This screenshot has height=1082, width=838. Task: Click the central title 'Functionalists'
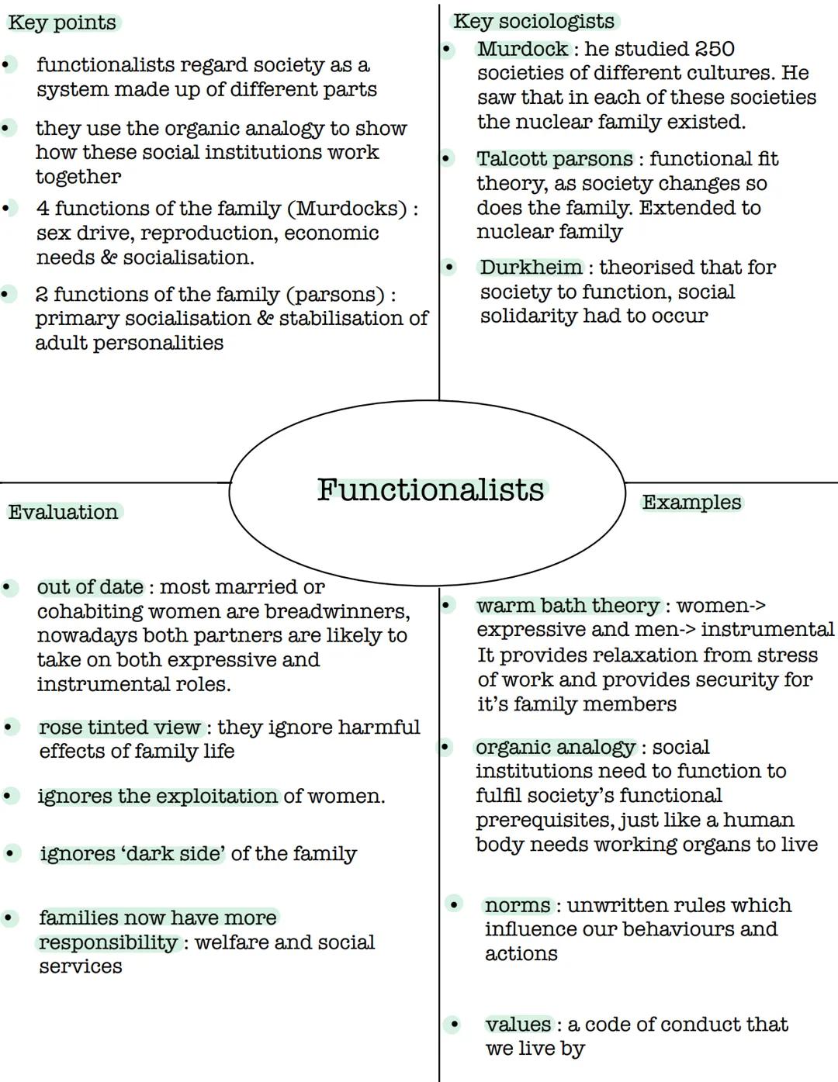[431, 489]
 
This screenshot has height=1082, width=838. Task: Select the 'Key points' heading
[62, 22]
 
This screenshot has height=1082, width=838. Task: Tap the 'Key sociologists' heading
[534, 21]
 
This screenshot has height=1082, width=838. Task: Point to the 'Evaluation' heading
[64, 512]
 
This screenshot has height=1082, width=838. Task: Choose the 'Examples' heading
[691, 503]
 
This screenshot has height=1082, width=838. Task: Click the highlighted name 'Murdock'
[523, 49]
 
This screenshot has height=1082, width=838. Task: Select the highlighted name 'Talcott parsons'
[555, 159]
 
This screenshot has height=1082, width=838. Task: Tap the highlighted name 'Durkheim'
[531, 268]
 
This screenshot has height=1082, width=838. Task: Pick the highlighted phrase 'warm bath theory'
[568, 606]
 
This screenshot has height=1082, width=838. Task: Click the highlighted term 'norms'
[518, 905]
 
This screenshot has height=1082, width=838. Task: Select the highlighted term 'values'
[518, 1025]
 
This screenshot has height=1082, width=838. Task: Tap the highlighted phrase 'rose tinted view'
[120, 728]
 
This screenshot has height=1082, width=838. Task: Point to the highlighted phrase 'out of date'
[90, 587]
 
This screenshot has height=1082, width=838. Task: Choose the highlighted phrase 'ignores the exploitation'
[158, 797]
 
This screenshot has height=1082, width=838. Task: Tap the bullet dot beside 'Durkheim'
[449, 268]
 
